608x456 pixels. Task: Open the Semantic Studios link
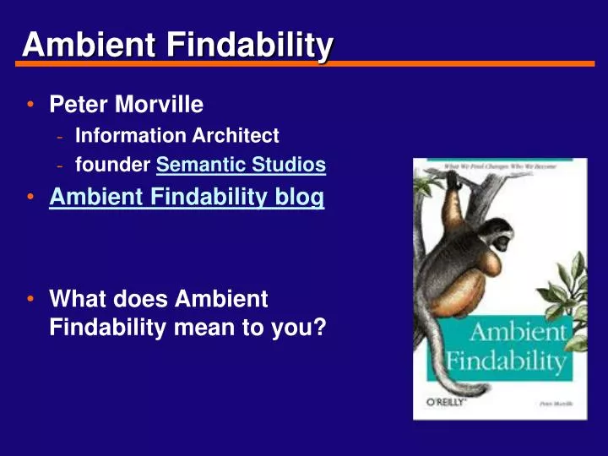(241, 166)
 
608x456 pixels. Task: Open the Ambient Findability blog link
(187, 198)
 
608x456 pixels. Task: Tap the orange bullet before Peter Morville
(30, 106)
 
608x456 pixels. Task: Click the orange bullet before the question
(30, 299)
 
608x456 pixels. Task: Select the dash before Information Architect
(60, 136)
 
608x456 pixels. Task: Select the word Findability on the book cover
(506, 361)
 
